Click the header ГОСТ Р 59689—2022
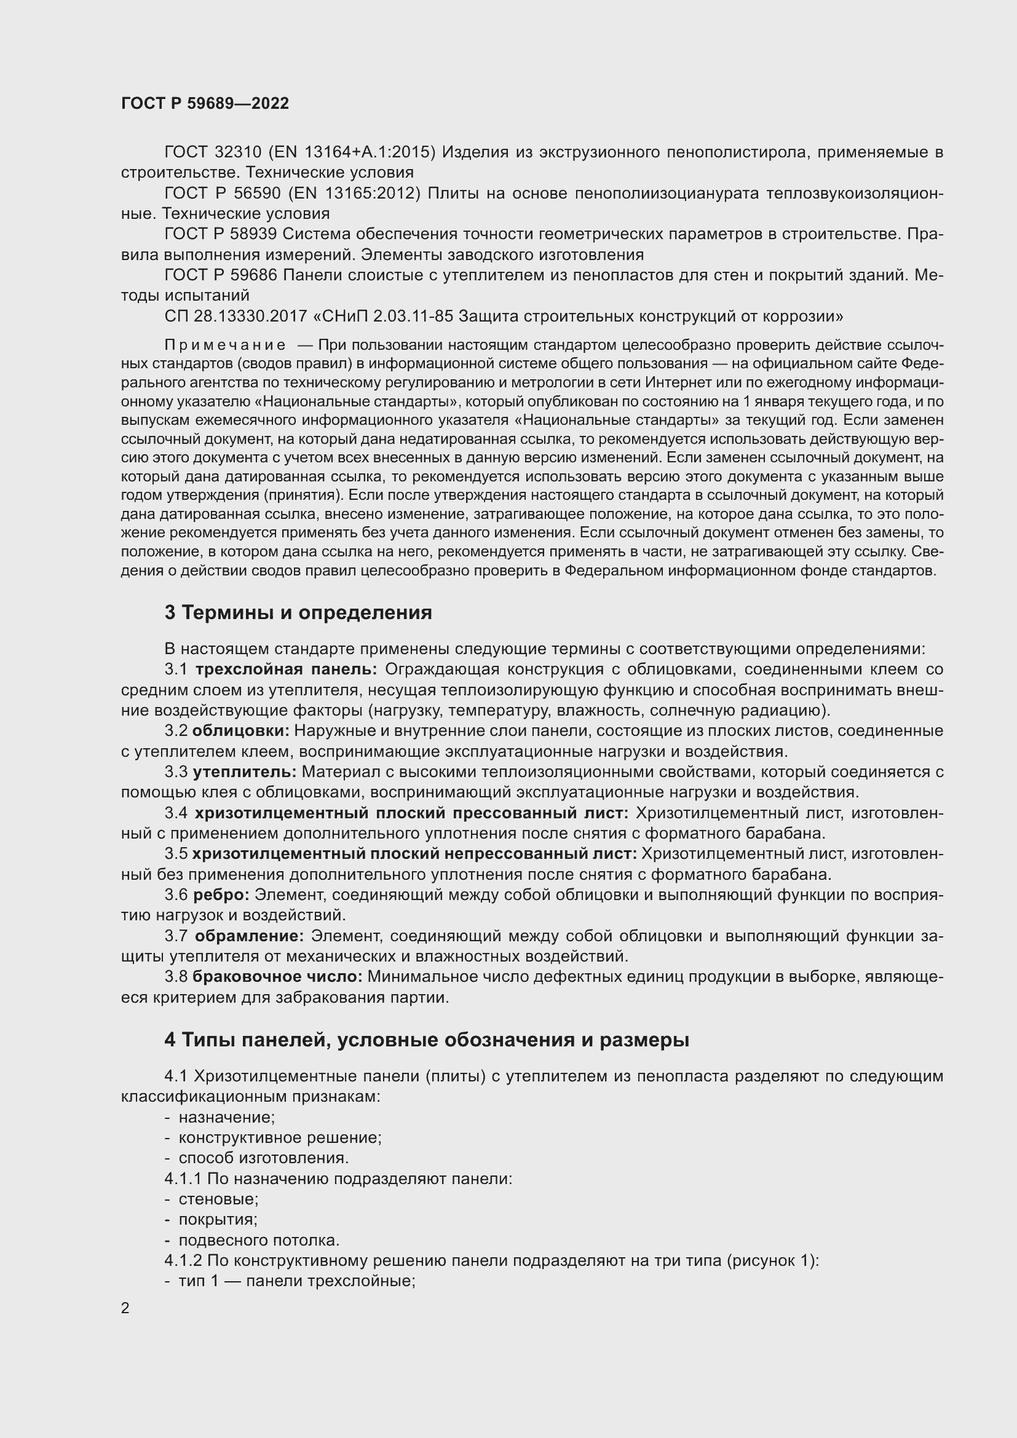click(x=205, y=103)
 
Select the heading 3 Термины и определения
click(x=298, y=612)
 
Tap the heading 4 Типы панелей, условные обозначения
click(x=427, y=1040)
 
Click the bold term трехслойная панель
click(x=285, y=670)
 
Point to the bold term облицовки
click(x=240, y=731)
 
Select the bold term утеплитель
click(x=244, y=772)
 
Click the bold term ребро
click(x=221, y=895)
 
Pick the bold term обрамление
click(x=248, y=936)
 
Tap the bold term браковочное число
click(x=277, y=976)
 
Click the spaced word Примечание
click(x=226, y=345)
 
